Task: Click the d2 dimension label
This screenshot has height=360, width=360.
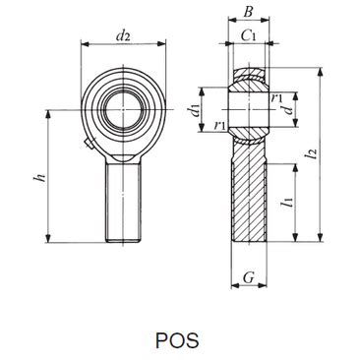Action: coord(123,35)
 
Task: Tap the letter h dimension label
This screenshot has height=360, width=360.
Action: coord(40,178)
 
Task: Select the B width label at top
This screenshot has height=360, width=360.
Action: coord(249,13)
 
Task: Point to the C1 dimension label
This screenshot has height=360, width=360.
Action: coord(248,35)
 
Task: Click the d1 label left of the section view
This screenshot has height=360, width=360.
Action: coord(195,109)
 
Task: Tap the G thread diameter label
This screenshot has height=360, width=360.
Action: coord(249,277)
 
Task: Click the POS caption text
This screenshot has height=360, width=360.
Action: coord(177,340)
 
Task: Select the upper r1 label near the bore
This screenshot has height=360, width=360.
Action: coord(276,97)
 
